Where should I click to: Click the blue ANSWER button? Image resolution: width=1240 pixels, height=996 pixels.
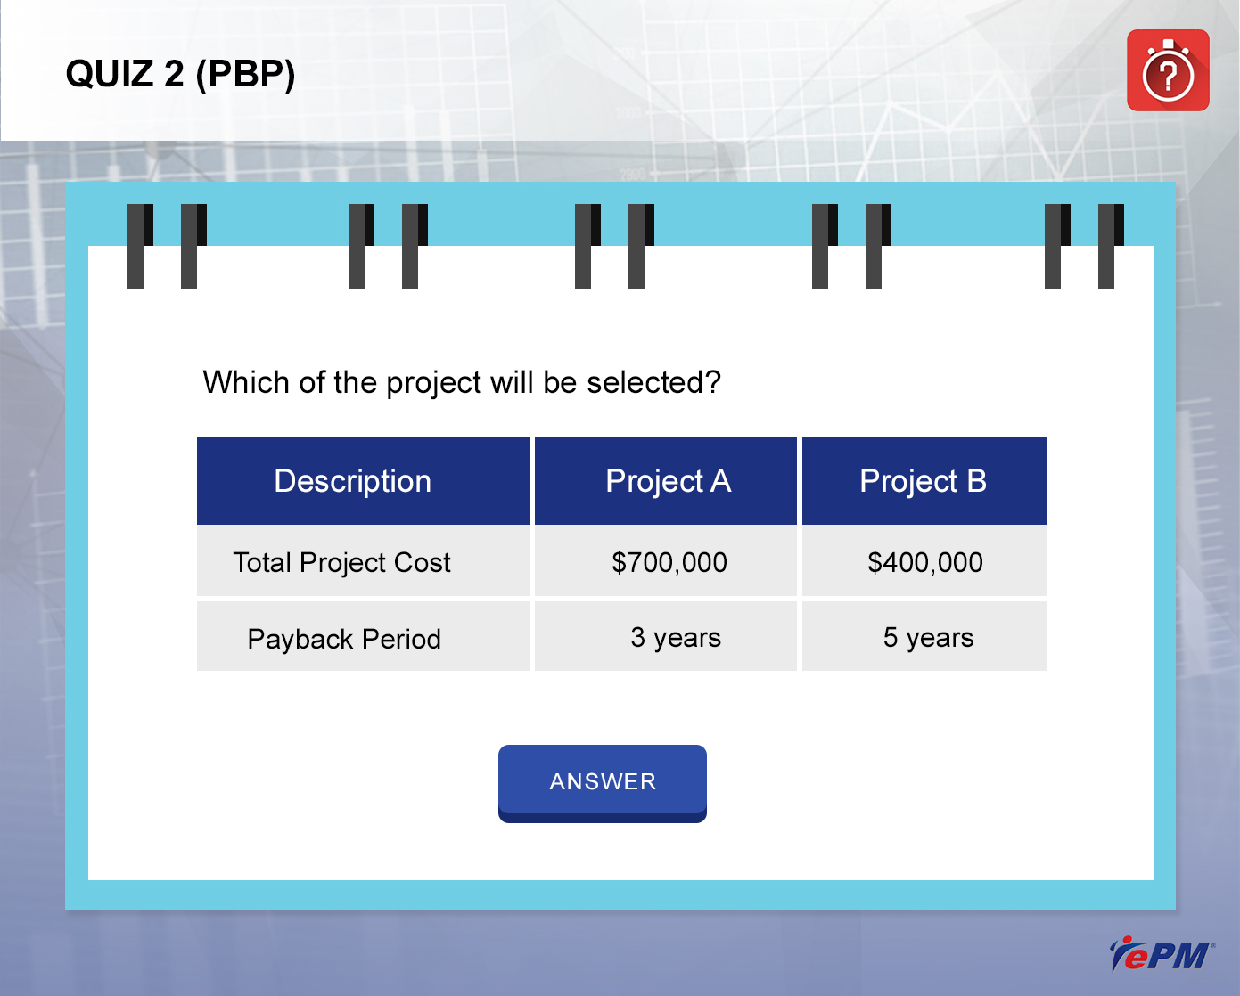click(x=602, y=783)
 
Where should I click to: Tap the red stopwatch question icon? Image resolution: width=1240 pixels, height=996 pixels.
click(x=1168, y=70)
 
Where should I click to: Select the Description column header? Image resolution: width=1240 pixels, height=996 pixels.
click(x=363, y=481)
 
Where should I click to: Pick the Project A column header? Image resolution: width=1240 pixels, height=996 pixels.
click(x=666, y=481)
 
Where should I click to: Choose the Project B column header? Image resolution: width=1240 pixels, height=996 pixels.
click(x=924, y=481)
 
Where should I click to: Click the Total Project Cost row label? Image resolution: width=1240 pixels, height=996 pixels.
click(x=341, y=562)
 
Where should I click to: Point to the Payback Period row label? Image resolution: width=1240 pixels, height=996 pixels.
click(x=344, y=639)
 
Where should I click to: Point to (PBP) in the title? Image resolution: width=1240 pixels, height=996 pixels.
click(x=245, y=75)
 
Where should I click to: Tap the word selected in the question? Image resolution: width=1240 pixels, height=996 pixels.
click(x=654, y=382)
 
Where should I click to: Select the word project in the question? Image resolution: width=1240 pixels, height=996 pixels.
click(x=433, y=383)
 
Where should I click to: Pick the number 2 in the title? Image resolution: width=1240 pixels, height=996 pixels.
click(x=174, y=74)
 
